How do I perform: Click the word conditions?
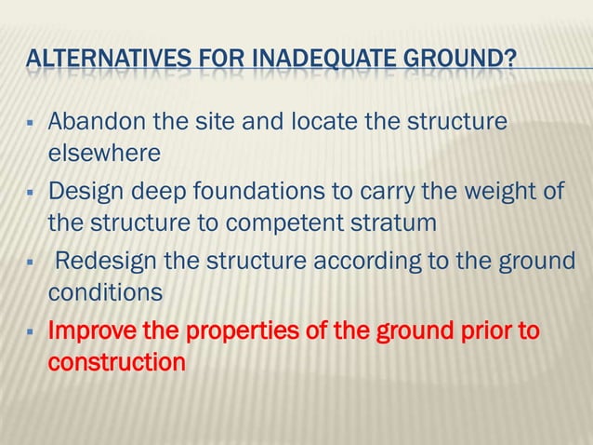coord(105,292)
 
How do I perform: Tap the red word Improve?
coord(92,331)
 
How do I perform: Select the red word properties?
coord(228,331)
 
